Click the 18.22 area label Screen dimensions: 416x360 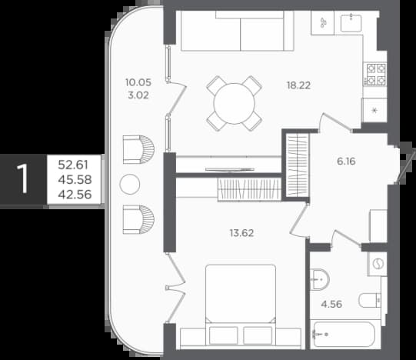[298, 85]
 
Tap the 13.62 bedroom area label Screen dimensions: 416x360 [241, 233]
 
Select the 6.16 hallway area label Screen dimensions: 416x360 [346, 161]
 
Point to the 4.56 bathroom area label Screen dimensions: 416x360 [331, 304]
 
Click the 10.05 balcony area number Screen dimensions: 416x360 [138, 82]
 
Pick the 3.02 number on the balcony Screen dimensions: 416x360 [138, 95]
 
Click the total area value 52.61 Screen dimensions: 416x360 [73, 165]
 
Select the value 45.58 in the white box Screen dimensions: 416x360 [75, 180]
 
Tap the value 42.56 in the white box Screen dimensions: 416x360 [75, 195]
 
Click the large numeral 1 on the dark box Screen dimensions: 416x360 [23, 178]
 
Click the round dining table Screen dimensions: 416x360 [235, 104]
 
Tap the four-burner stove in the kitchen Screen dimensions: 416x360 [375, 75]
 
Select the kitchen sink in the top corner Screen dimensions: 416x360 [351, 23]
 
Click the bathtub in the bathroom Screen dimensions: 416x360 [344, 335]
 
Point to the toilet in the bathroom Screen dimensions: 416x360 [370, 301]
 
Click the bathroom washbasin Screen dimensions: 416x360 [319, 279]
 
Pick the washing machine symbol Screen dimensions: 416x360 [378, 264]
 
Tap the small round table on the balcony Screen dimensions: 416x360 [130, 184]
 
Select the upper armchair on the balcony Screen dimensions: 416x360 [138, 149]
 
